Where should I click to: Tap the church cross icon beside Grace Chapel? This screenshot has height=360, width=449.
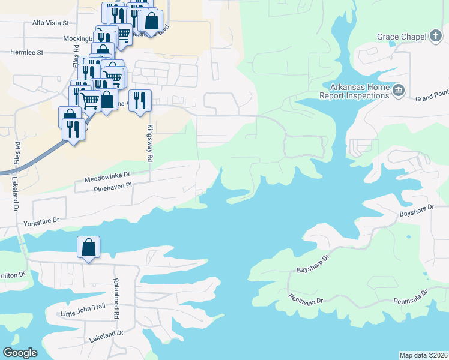point(436,37)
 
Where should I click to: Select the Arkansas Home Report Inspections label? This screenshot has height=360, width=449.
point(354,91)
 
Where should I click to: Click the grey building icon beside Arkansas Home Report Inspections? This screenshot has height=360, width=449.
point(398,91)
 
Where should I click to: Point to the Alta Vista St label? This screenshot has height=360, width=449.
point(50,22)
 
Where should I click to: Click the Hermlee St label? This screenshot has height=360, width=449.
point(27,52)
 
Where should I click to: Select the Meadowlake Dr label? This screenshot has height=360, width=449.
point(107,176)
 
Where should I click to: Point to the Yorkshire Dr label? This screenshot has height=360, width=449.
point(43,223)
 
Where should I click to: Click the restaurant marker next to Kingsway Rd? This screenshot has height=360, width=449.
point(140,100)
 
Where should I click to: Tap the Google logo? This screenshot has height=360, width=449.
point(20,353)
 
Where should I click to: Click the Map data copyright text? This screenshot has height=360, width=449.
point(424,355)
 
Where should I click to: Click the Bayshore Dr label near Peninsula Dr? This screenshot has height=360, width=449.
point(313,265)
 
